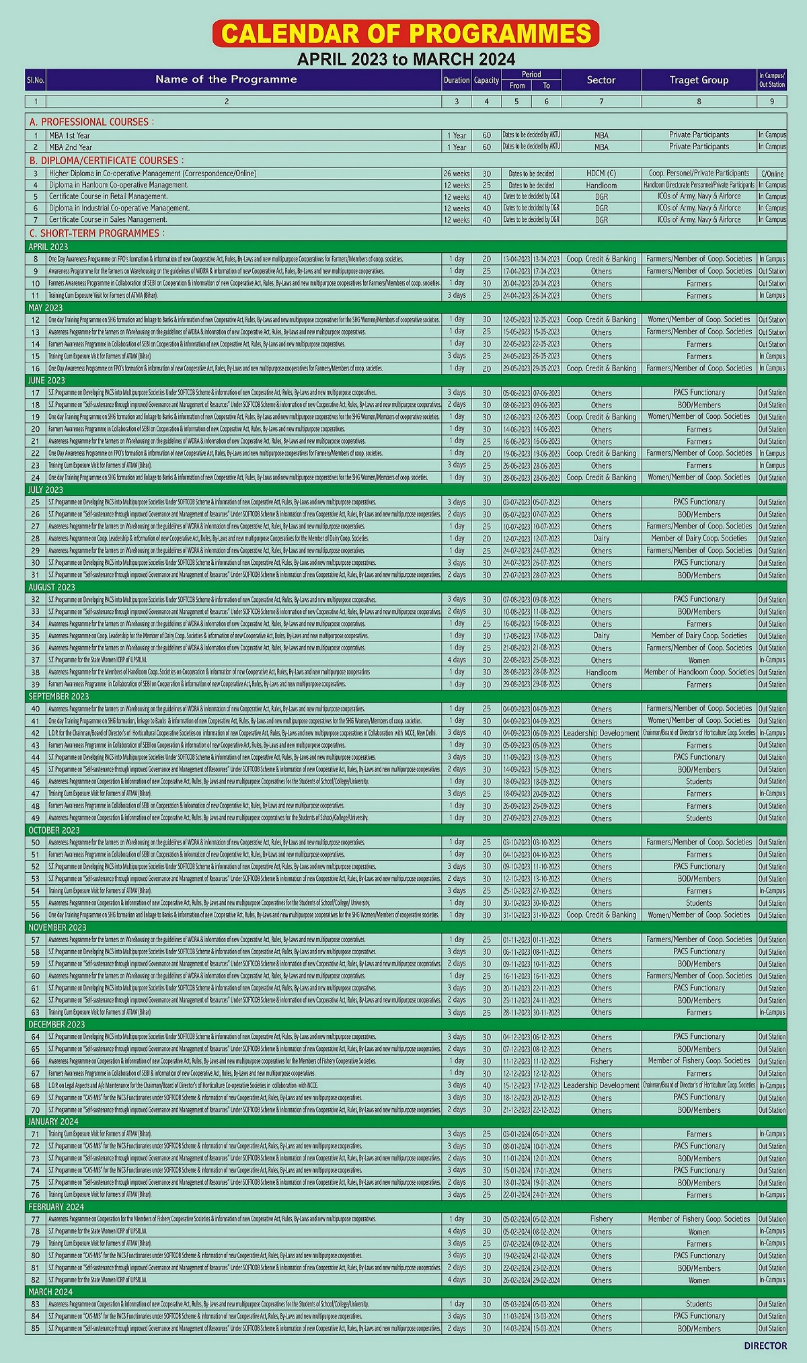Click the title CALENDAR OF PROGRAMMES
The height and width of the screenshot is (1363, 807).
pos(406,34)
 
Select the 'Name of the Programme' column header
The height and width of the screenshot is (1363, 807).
pos(226,79)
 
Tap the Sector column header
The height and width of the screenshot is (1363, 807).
pos(601,80)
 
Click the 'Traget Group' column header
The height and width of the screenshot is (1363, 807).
pos(699,80)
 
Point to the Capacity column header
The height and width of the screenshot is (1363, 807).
pos(486,80)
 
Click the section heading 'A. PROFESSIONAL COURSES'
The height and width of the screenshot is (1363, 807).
pos(91,122)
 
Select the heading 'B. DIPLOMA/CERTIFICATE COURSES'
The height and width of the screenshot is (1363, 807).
pos(105,161)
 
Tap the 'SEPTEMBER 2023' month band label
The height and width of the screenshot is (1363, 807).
pos(59,696)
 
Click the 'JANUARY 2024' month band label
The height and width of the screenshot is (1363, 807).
pos(53,1122)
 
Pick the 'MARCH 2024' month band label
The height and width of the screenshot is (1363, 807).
pos(50,1292)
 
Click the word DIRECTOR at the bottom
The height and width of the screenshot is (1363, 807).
pos(765,1346)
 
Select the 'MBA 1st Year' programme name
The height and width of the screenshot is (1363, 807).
pos(69,135)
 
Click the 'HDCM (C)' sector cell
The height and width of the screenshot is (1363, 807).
pos(601,173)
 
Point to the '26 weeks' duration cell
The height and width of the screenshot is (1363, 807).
pos(457,173)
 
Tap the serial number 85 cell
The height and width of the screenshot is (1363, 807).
pos(36,1328)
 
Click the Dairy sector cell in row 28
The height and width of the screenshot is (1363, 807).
pos(601,539)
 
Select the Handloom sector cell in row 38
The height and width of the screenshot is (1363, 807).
pos(601,672)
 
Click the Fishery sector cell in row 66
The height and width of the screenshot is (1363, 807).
pos(601,1061)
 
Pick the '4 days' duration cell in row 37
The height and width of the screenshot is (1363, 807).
pos(457,660)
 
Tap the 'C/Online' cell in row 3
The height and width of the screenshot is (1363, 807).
pos(772,173)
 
